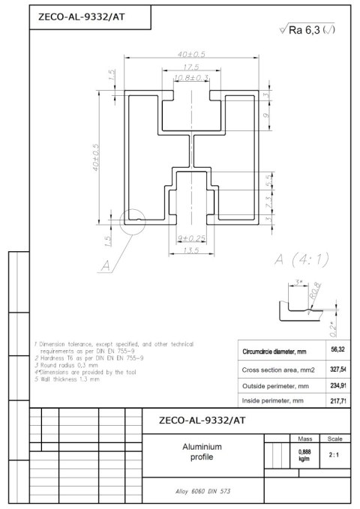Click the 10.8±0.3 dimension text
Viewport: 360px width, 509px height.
click(x=191, y=78)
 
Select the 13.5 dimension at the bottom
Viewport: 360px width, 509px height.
click(x=191, y=250)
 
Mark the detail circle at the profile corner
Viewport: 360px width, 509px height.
click(x=130, y=222)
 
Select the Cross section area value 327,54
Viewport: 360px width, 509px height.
click(x=338, y=370)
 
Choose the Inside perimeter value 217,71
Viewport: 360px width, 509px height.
click(x=338, y=402)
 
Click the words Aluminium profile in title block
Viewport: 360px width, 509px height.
click(x=202, y=452)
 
